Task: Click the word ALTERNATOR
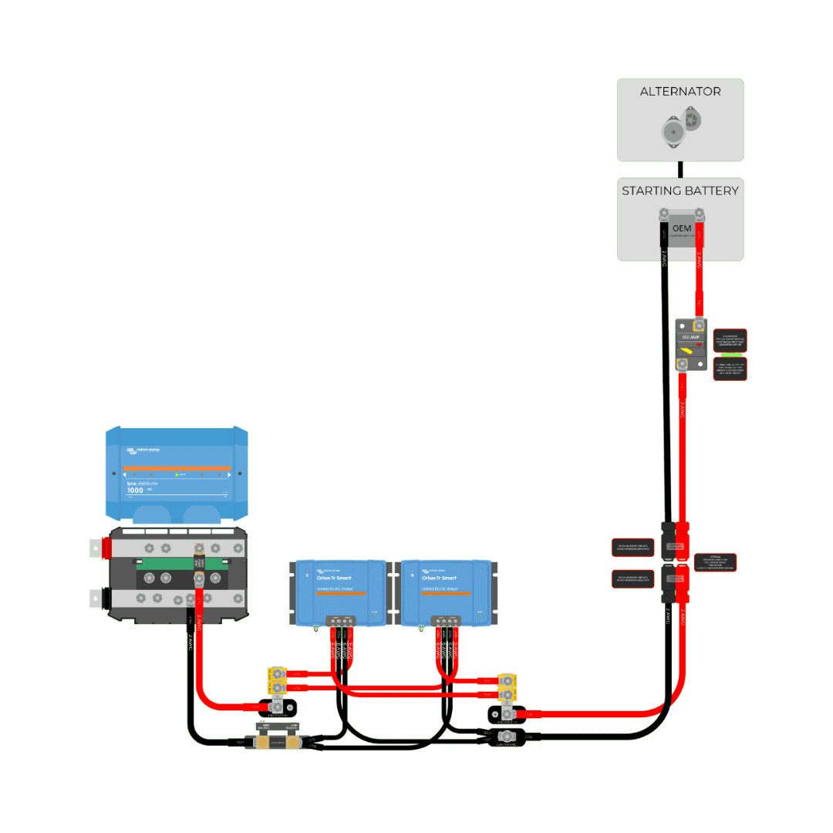pos(680,91)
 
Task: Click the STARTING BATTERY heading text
pos(680,191)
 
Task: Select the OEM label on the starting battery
pos(681,229)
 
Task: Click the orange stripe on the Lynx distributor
pos(177,468)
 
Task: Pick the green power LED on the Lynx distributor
pos(177,474)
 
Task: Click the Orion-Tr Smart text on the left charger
pos(332,578)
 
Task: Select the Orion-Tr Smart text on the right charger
pos(439,578)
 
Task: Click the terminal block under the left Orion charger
pos(339,620)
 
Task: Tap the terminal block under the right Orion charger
pos(446,620)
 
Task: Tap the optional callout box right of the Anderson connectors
pos(715,562)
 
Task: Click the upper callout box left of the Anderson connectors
pos(633,548)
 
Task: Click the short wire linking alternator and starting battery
pos(680,169)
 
